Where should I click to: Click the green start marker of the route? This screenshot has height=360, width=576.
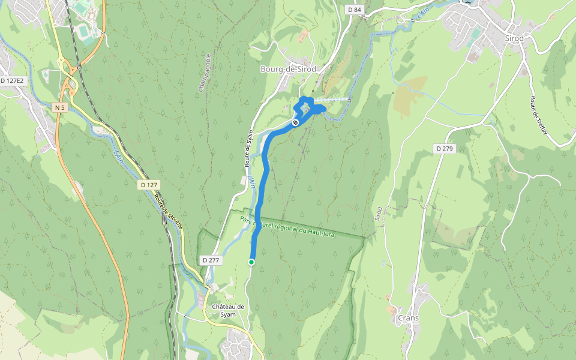251,262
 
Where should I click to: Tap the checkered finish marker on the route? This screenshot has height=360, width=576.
295,122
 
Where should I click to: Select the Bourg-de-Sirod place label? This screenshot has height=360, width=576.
288,69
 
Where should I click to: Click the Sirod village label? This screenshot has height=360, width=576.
514,38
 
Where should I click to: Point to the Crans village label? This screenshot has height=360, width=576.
408,318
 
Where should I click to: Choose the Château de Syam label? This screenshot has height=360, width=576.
228,311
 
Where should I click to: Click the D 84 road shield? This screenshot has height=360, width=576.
355,10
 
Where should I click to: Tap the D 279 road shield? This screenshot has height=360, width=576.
444,148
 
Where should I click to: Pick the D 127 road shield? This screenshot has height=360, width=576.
150,185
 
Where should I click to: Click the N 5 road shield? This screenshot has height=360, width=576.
59,107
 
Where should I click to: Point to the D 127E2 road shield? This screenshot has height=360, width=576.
12,80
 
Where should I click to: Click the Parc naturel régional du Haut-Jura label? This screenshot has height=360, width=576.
287,227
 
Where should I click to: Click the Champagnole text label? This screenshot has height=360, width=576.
205,73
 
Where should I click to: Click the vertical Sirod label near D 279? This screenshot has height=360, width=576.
379,215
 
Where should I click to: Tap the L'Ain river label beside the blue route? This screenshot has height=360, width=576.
252,182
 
